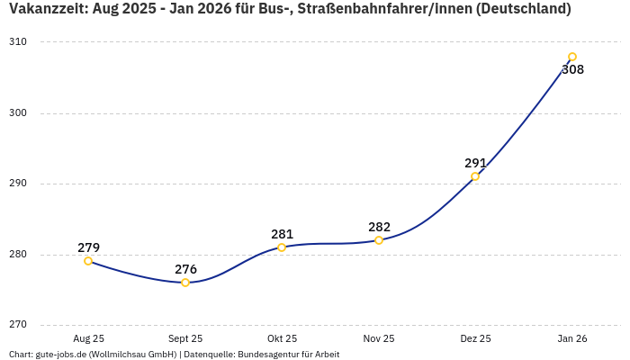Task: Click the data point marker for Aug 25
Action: click(x=88, y=261)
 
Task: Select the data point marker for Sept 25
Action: click(x=185, y=283)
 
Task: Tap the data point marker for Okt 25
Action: click(x=282, y=247)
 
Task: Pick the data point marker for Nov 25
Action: click(x=379, y=240)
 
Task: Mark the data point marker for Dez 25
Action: click(x=475, y=176)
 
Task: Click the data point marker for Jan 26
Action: click(x=572, y=57)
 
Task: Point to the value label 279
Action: click(x=88, y=247)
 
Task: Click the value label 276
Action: click(x=185, y=269)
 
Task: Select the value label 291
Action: click(x=475, y=163)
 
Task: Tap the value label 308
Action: click(x=572, y=69)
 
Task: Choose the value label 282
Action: click(x=379, y=227)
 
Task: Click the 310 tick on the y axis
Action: click(x=19, y=42)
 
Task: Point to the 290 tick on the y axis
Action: click(x=19, y=184)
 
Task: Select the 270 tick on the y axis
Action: click(x=19, y=325)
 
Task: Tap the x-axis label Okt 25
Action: click(x=282, y=338)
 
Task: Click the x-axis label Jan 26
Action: click(x=572, y=338)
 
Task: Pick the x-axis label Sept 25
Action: click(x=185, y=338)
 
